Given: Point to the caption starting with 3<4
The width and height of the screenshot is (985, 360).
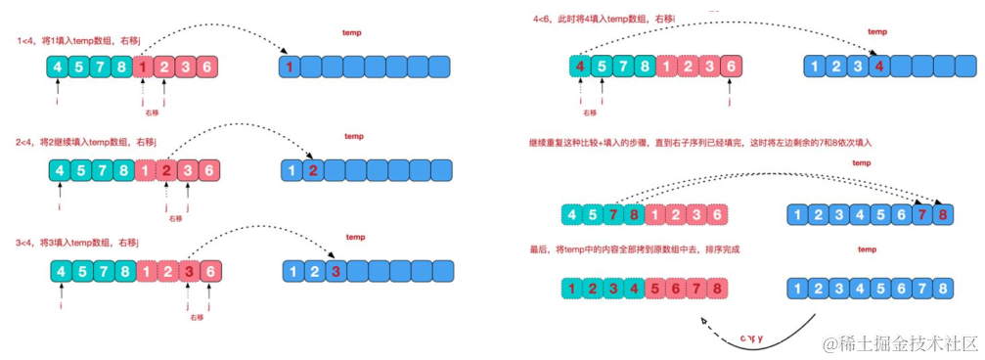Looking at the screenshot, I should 77,242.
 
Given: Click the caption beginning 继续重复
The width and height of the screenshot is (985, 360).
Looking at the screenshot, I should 698,143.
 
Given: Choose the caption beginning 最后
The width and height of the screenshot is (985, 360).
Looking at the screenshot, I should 635,250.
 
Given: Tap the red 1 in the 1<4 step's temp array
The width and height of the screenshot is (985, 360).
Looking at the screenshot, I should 291,67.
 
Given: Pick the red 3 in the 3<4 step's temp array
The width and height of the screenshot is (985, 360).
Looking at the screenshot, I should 336,270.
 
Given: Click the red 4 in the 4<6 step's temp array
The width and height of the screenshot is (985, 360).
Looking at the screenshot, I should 879,67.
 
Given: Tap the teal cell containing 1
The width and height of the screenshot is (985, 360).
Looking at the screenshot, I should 571,290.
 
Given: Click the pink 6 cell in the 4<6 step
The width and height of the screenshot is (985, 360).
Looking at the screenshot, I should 729,67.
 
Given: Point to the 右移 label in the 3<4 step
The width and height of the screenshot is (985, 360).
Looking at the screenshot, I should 197,317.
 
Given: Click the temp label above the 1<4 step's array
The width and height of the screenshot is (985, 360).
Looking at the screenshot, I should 352,34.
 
